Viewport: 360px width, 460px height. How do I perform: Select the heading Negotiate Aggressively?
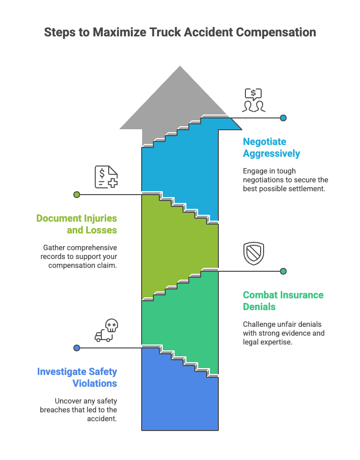pos(271,147)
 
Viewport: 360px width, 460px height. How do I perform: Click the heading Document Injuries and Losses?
pos(77,224)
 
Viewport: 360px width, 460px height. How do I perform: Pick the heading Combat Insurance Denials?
pos(283,301)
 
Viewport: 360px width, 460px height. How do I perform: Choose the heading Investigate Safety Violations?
pos(77,377)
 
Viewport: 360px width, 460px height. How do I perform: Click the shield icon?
pos(254,254)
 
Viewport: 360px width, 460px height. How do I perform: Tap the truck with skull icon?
pos(106,330)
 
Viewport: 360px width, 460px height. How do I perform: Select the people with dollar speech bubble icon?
pos(254,100)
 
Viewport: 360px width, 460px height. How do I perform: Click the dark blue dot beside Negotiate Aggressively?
pos(283,118)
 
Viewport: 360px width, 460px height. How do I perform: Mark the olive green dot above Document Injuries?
pos(77,195)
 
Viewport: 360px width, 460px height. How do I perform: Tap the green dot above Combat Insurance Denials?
pos(283,271)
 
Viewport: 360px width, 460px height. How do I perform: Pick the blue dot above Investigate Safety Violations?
pos(77,348)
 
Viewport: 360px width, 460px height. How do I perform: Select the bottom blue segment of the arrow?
pos(180,403)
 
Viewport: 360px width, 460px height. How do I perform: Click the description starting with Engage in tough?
pos(285,180)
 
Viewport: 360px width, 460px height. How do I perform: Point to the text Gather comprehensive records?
pos(80,257)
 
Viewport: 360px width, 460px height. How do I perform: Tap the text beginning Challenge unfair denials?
pos(284,333)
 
